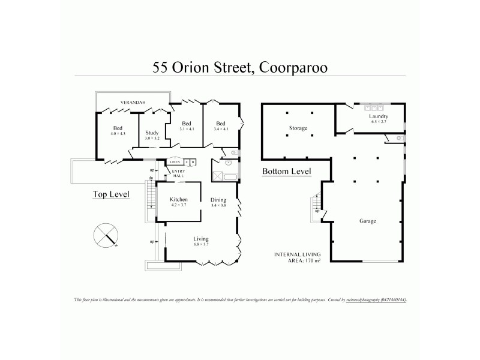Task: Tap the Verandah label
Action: tap(133, 102)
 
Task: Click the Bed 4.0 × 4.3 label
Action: tap(118, 130)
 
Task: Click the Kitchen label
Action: tap(179, 202)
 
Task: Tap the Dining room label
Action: tap(218, 202)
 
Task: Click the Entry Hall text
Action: tap(179, 173)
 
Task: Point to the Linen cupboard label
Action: tap(175, 162)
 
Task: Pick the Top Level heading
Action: tap(111, 194)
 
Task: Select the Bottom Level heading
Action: tap(286, 172)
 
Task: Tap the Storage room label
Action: tap(298, 128)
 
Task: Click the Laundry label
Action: tap(379, 118)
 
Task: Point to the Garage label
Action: tap(367, 221)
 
